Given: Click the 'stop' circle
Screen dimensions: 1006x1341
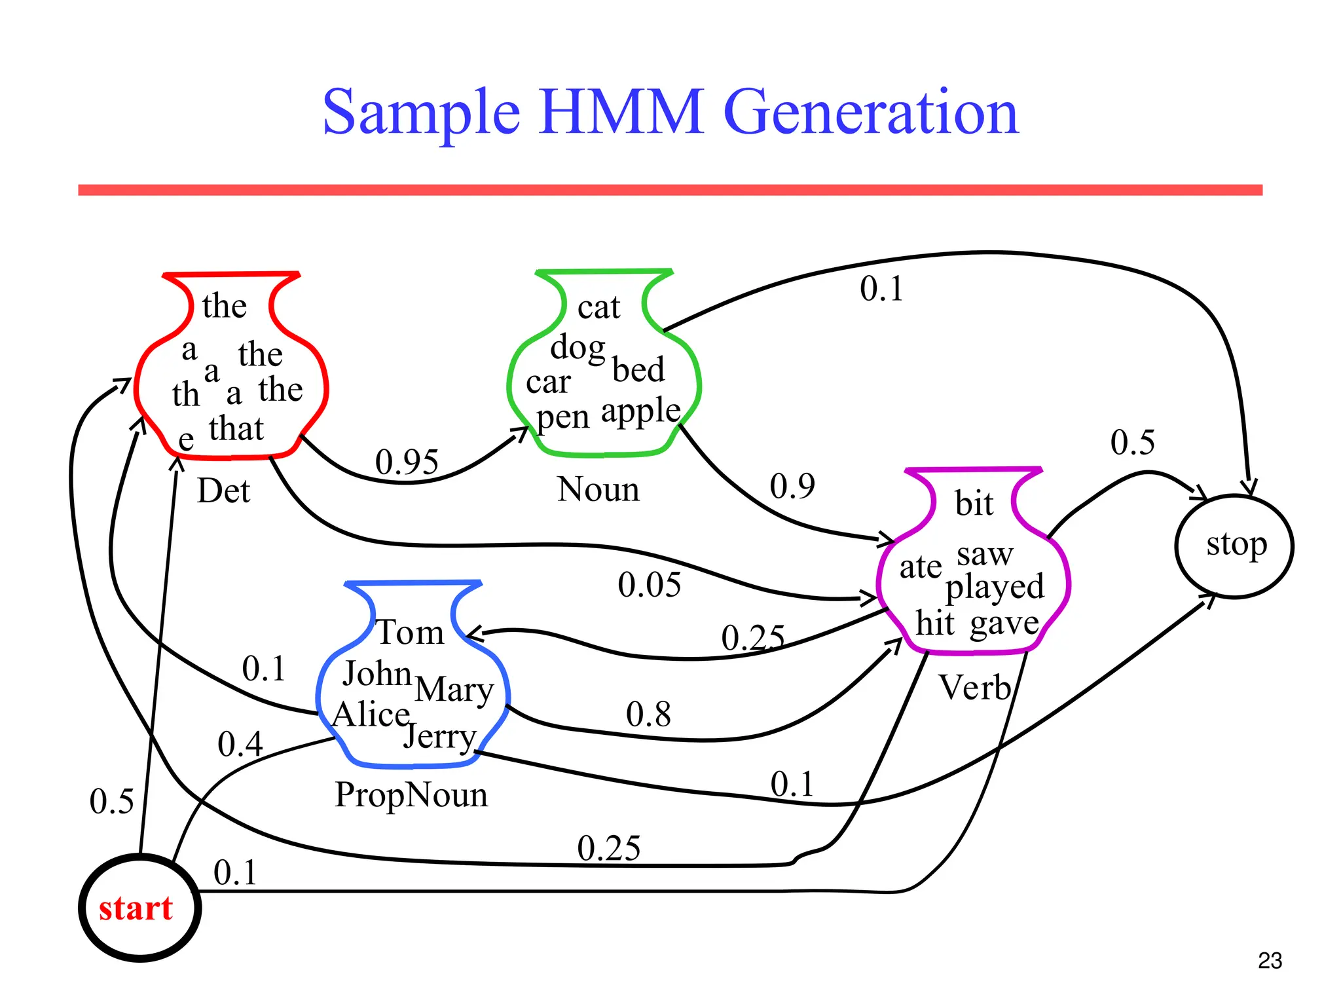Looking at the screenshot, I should (x=1235, y=546).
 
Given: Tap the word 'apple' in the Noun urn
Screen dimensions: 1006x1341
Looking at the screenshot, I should (x=640, y=412).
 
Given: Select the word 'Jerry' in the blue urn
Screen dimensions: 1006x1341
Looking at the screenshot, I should (x=439, y=737).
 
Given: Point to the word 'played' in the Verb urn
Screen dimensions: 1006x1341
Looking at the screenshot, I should (x=994, y=587).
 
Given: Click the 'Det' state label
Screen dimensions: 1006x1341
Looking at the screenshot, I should (x=223, y=491).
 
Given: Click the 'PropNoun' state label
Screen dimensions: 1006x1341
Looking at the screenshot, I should (x=411, y=795).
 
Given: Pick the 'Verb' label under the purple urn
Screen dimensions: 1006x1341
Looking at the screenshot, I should (x=975, y=688).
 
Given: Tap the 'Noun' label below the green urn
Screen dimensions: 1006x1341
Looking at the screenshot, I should (x=598, y=489).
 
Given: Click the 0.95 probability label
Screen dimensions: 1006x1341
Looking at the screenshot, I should (x=407, y=462).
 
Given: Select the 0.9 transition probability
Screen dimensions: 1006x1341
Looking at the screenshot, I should (x=792, y=486).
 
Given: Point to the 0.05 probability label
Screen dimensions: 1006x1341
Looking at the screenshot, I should (x=649, y=585).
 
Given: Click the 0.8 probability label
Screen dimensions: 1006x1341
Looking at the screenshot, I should (x=648, y=714).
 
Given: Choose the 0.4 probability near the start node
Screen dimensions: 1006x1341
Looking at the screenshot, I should (x=240, y=744).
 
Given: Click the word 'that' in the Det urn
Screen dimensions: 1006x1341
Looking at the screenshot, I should (x=236, y=429).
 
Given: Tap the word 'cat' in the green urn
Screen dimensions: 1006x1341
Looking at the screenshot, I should (x=598, y=307).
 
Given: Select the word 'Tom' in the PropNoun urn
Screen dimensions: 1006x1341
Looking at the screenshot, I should (x=411, y=633).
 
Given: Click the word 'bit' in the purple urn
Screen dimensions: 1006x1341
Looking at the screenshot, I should (x=974, y=504).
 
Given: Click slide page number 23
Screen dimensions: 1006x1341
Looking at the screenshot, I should (x=1270, y=961).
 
